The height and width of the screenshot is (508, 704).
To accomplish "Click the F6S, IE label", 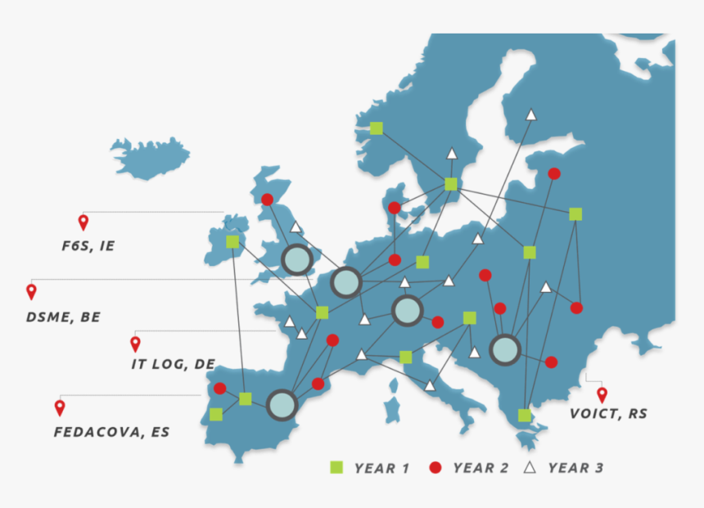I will (88, 245).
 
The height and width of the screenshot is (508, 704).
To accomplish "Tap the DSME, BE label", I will (63, 317).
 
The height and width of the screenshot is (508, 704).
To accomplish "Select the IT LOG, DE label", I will (173, 364).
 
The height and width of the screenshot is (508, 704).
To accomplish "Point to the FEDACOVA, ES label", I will (111, 431).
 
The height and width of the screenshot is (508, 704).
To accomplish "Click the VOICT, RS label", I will (608, 414).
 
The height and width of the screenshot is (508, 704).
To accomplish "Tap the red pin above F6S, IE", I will (83, 222).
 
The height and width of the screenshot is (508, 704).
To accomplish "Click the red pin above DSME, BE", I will (32, 291).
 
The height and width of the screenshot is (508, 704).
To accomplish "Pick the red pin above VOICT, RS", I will (602, 394).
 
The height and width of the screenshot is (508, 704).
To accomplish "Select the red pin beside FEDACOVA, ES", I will (60, 407).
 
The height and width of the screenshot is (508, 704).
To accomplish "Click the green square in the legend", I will (336, 468).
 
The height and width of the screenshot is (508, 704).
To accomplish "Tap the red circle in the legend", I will (435, 468).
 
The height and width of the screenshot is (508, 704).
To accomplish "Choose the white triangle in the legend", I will (530, 467).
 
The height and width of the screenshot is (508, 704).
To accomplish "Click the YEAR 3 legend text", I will (575, 468).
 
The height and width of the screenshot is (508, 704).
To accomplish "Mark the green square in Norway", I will (376, 128).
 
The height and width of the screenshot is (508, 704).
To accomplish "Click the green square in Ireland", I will (232, 241).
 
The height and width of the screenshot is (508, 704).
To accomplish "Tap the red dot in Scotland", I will (267, 199).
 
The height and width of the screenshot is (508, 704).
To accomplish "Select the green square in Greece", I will (525, 416).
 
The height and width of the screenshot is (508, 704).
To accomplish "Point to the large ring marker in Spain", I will (282, 405).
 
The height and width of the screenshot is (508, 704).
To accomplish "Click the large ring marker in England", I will (297, 260).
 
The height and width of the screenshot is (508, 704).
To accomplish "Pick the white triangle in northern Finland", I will (530, 115).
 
